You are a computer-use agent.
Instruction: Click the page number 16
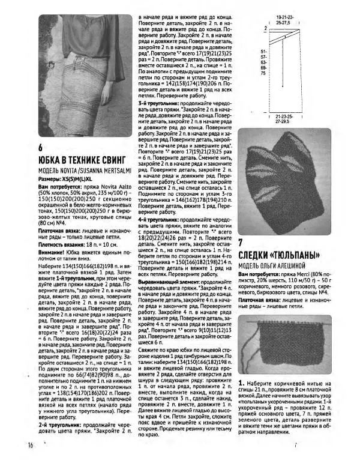click(x=29, y=445)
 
